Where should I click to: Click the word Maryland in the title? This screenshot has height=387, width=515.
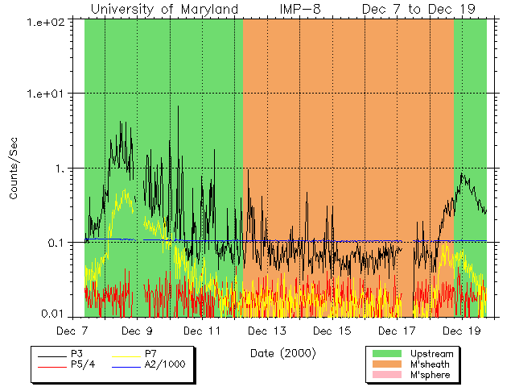pyautogui.click(x=208, y=9)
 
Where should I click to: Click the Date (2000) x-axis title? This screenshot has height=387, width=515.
pyautogui.click(x=282, y=352)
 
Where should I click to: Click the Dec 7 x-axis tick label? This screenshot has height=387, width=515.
pyautogui.click(x=72, y=331)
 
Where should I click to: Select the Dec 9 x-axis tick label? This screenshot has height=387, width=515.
pyautogui.click(x=137, y=331)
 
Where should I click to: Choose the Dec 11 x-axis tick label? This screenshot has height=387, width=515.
pyautogui.click(x=202, y=331)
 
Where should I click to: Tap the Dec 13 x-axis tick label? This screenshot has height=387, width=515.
pyautogui.click(x=267, y=331)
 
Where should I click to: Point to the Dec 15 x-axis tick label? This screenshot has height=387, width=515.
pyautogui.click(x=332, y=331)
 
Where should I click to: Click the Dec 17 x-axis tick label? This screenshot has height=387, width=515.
pyautogui.click(x=398, y=331)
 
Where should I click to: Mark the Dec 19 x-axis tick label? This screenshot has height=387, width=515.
pyautogui.click(x=463, y=331)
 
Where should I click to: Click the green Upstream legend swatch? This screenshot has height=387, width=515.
pyautogui.click(x=387, y=353)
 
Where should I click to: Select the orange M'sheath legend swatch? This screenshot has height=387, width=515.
pyautogui.click(x=387, y=364)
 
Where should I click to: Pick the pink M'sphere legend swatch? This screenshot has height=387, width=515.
pyautogui.click(x=387, y=376)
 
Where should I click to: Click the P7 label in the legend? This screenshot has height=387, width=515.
pyautogui.click(x=150, y=353)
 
